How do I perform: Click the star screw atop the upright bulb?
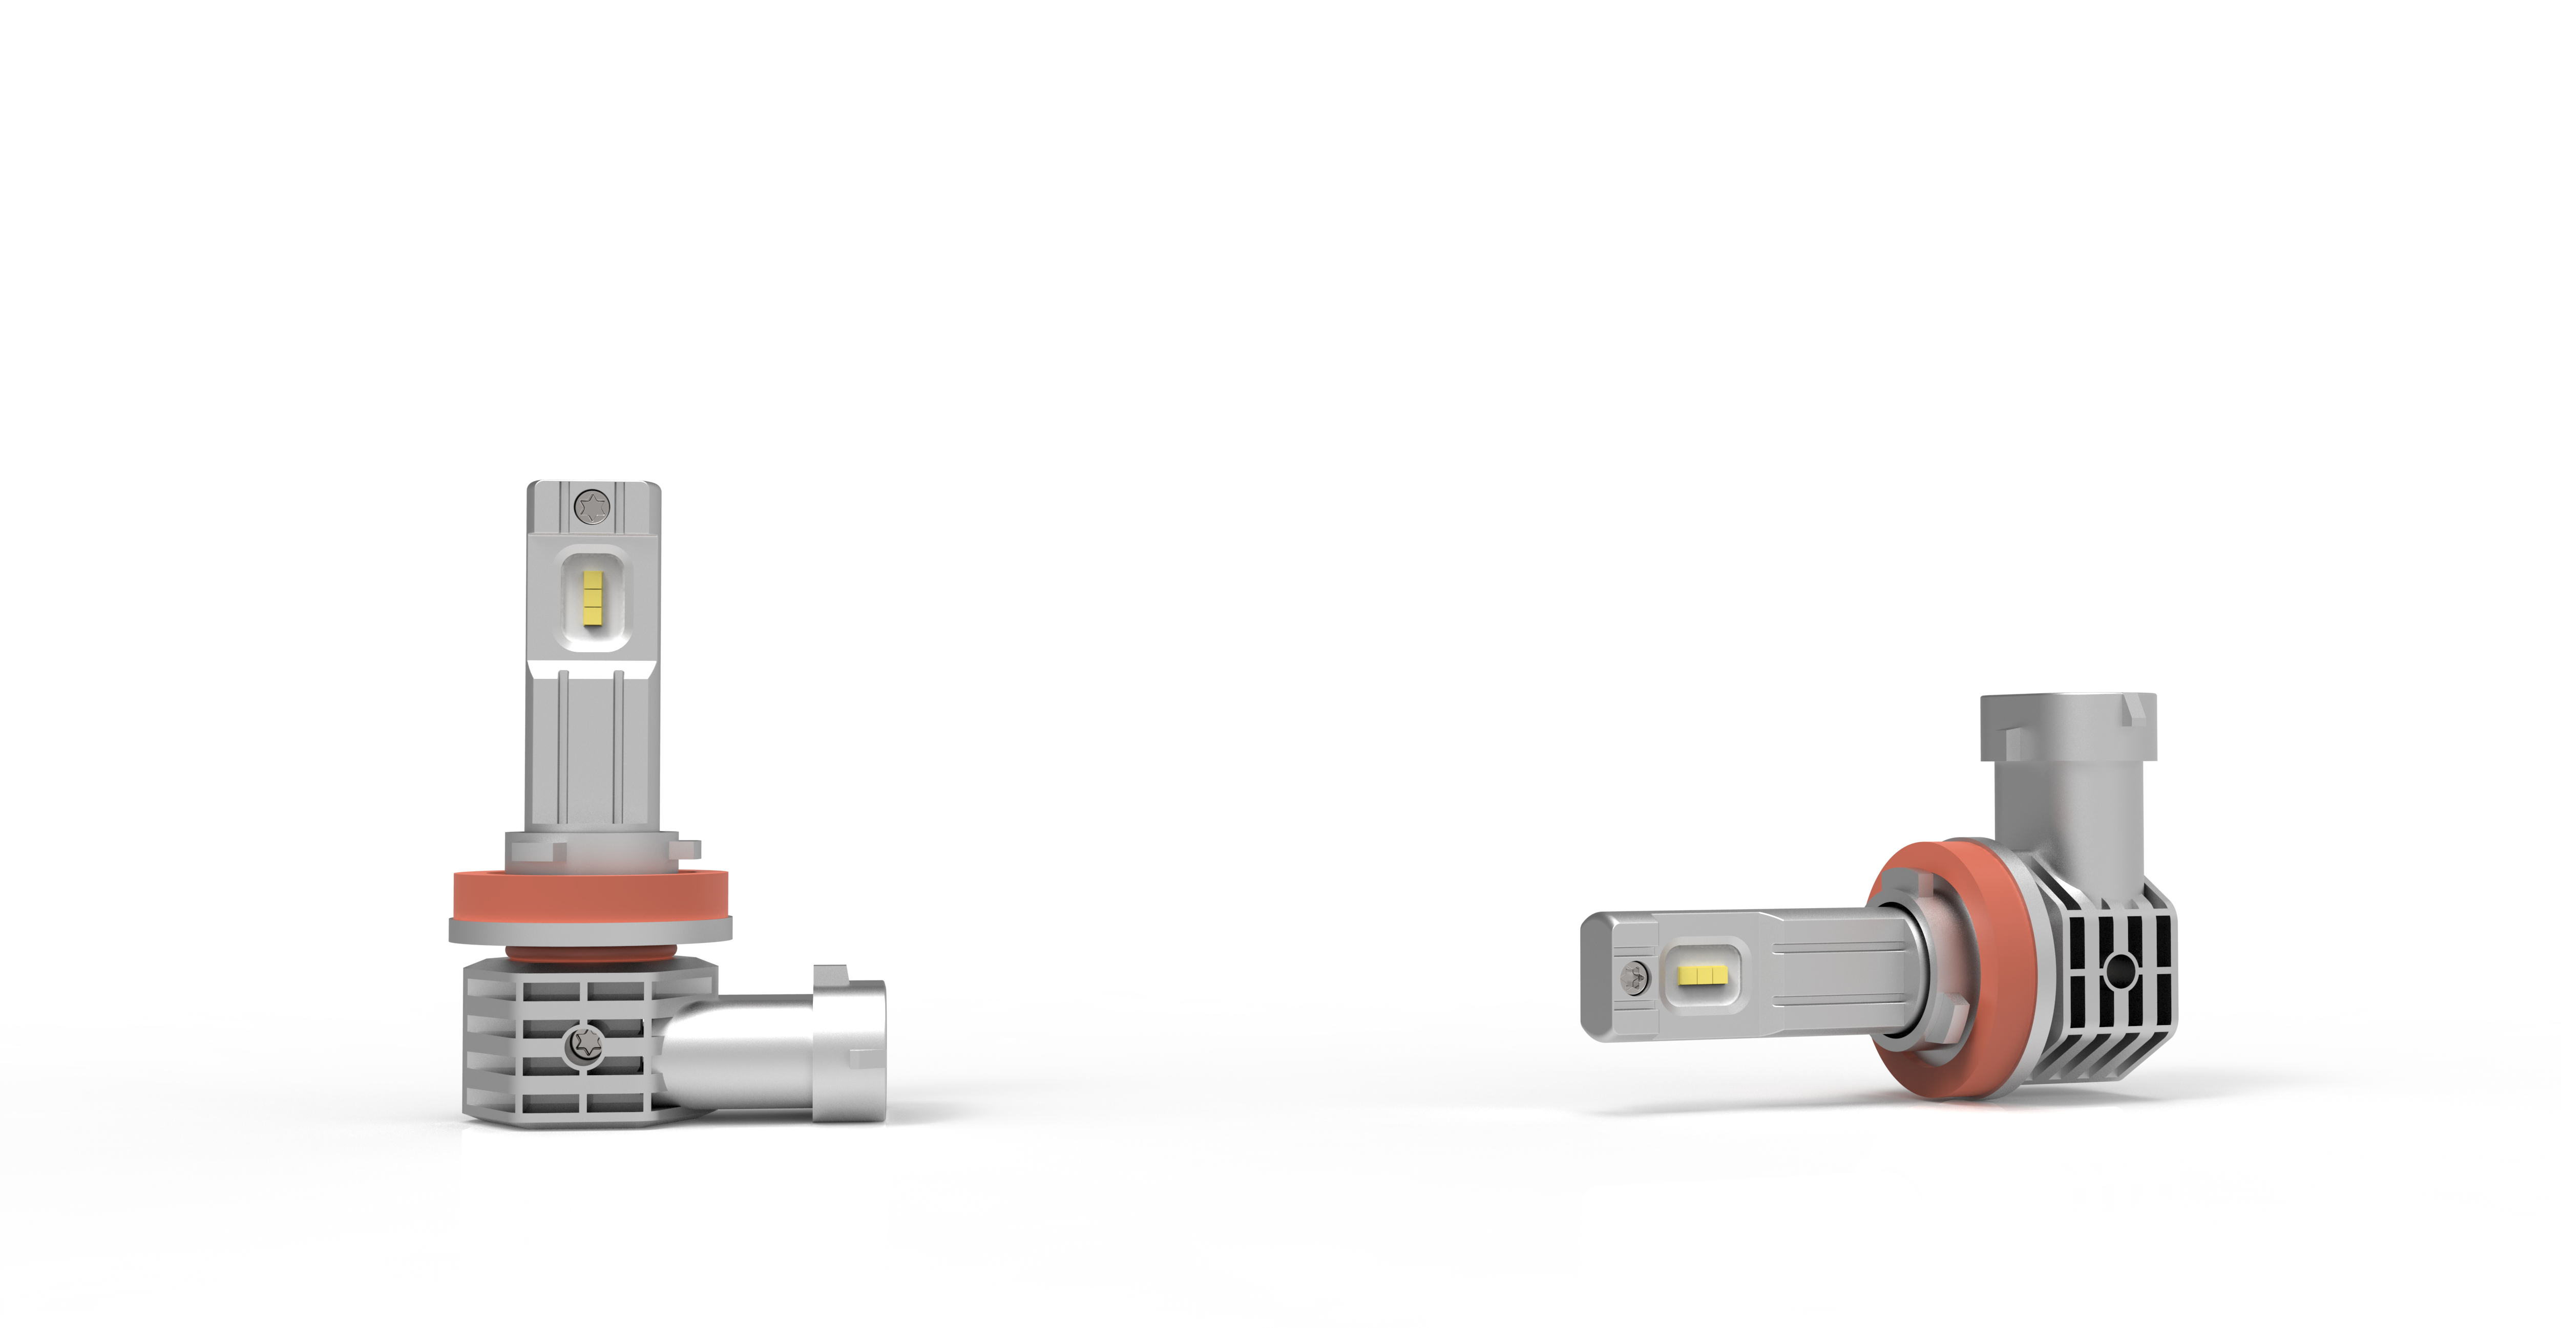[x=593, y=507]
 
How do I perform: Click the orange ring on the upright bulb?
[x=591, y=894]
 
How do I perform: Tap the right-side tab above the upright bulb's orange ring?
[x=688, y=848]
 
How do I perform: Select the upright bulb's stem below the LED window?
[x=591, y=745]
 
